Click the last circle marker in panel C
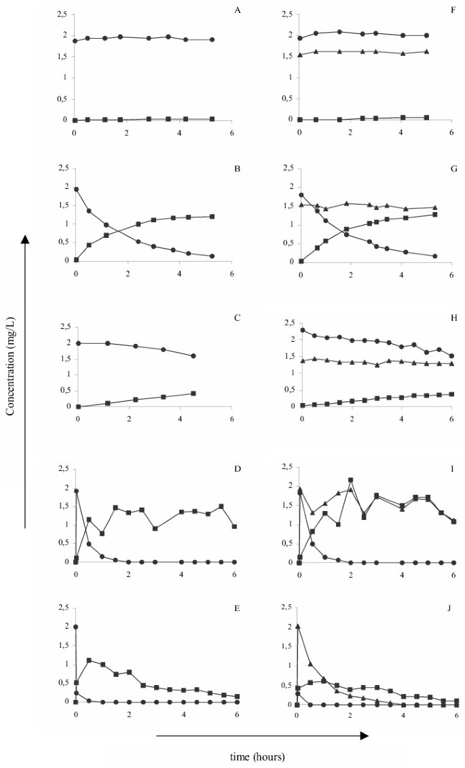[194, 356]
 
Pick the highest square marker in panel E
[89, 660]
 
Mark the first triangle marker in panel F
[300, 54]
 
